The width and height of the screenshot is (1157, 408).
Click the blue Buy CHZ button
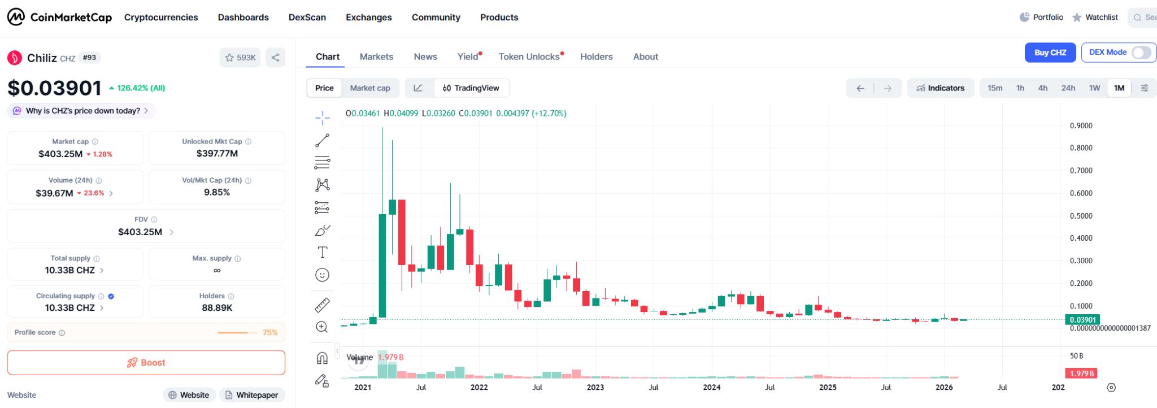click(1050, 53)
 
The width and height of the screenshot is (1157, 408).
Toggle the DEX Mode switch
click(1141, 53)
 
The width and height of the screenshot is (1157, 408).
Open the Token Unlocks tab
click(529, 57)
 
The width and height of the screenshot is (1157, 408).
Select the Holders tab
click(596, 57)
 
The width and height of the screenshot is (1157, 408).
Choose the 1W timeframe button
click(1094, 88)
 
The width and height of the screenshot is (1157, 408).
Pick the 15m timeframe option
click(994, 88)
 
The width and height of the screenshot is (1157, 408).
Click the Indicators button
click(940, 88)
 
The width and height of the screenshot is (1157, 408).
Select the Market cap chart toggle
click(369, 88)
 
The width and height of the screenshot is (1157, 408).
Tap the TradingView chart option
click(471, 88)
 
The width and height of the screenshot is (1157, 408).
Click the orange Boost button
click(146, 363)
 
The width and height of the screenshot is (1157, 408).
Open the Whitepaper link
click(251, 395)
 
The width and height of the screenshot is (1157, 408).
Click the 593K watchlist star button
click(240, 58)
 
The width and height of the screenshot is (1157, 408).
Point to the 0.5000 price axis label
click(1081, 216)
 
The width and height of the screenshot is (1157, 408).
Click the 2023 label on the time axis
click(595, 387)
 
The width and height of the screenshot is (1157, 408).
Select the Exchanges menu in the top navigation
click(368, 18)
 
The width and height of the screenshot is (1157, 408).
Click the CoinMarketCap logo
click(59, 18)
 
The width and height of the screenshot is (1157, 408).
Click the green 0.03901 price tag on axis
click(1082, 320)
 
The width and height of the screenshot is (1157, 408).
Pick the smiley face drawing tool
click(322, 275)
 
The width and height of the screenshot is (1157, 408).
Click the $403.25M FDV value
click(140, 232)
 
